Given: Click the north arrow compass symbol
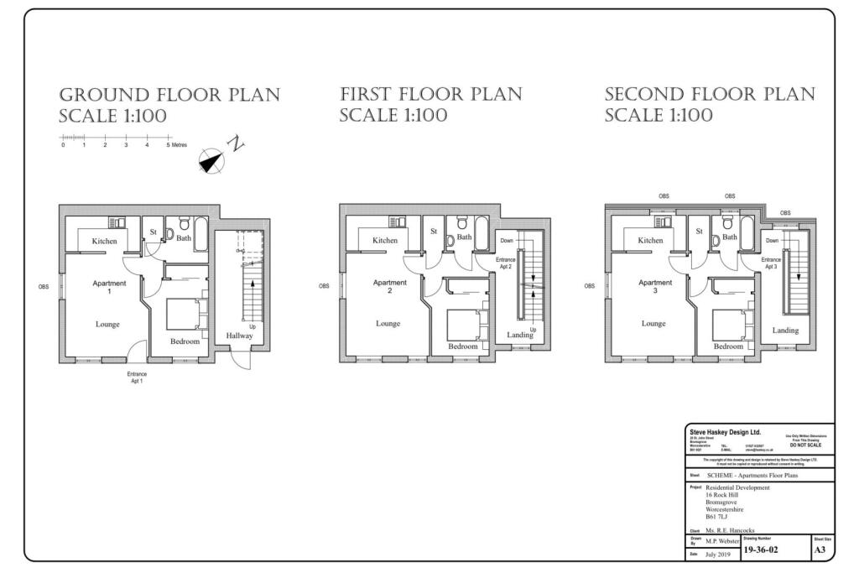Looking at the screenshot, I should [x=212, y=159].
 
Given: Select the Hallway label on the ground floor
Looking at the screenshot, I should [x=239, y=336].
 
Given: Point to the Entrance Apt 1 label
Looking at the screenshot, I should [x=137, y=378].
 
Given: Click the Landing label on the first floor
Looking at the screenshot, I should [x=520, y=335].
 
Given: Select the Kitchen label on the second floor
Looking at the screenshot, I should [x=650, y=241].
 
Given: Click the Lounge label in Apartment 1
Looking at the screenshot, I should [x=107, y=324].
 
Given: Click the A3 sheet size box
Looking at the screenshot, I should [x=820, y=550].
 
